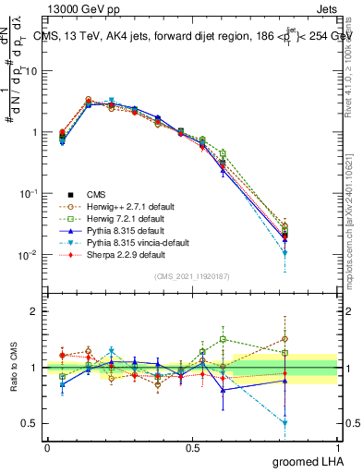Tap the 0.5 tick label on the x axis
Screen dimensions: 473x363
pos(192,447)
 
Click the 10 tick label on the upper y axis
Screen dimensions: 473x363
pos(31,71)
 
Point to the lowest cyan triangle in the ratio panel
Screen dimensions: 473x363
pos(284,423)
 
